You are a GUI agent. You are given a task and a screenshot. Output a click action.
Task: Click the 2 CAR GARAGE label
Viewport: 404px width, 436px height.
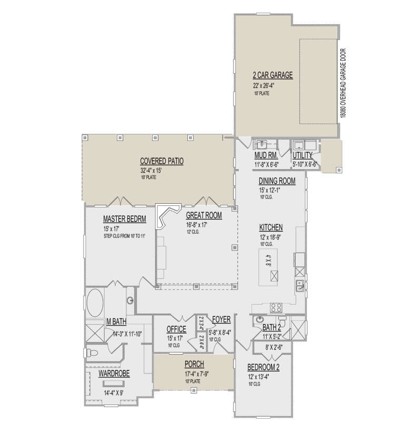[272, 75]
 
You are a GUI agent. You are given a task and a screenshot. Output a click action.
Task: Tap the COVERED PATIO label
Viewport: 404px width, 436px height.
[161, 161]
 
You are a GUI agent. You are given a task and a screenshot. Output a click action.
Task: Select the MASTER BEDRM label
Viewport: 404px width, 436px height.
[124, 219]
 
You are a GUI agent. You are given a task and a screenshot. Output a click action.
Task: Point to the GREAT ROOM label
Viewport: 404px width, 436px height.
[204, 215]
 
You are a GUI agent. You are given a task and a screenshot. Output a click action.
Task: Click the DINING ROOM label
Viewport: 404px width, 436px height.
[277, 181]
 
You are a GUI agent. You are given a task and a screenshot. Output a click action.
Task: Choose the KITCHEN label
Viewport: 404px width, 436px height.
[271, 227]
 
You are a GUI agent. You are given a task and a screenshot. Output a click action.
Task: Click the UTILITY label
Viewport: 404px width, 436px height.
[303, 155]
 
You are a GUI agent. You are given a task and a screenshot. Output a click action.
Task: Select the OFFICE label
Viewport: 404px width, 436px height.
[176, 329]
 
